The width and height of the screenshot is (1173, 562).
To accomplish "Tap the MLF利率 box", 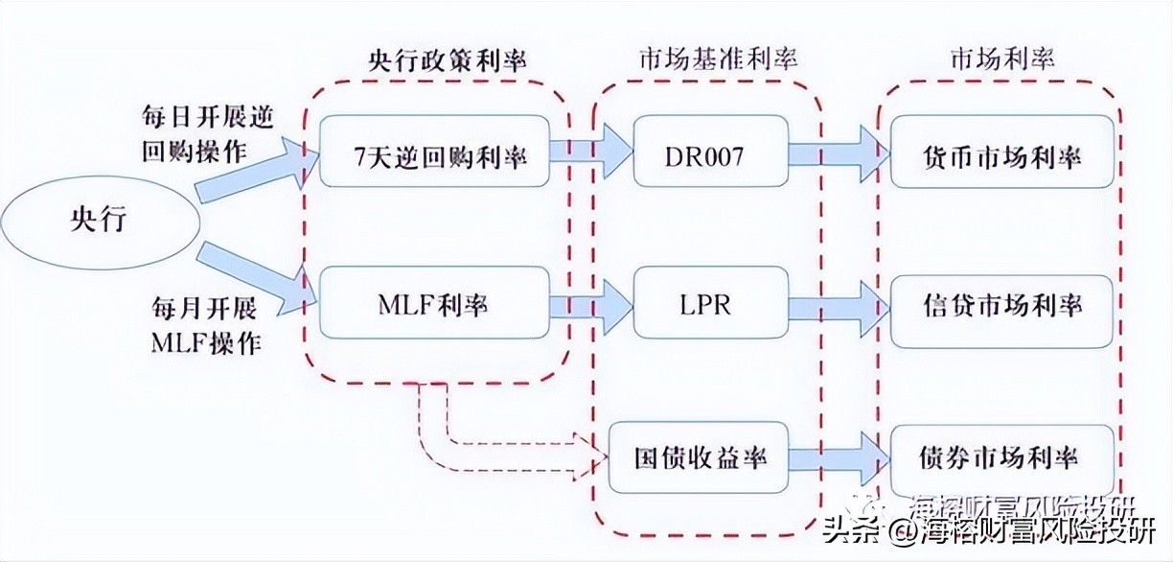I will tap(436, 303).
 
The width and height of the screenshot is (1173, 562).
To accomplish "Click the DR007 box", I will tap(702, 153).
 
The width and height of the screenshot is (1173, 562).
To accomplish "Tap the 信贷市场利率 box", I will tap(1002, 305).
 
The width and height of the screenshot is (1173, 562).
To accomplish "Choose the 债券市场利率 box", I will tap(1002, 457).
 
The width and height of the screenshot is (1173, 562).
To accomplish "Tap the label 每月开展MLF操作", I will tap(205, 325).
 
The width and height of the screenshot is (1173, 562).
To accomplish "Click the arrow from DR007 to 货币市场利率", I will tap(835, 153).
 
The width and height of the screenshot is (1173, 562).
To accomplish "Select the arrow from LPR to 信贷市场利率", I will tap(835, 305).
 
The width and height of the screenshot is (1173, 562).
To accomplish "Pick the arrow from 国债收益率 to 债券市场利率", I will tap(835, 457).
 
